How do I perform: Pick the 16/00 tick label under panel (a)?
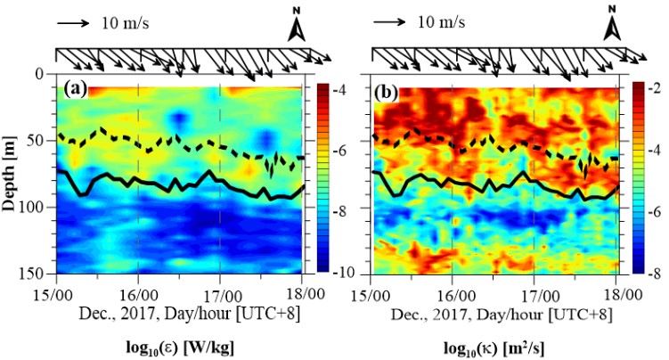point(138,291)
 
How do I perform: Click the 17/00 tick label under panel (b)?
point(534,291)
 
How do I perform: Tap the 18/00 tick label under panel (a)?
point(303,291)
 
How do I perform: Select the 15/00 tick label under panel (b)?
point(370,291)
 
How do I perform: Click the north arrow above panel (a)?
point(297,29)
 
